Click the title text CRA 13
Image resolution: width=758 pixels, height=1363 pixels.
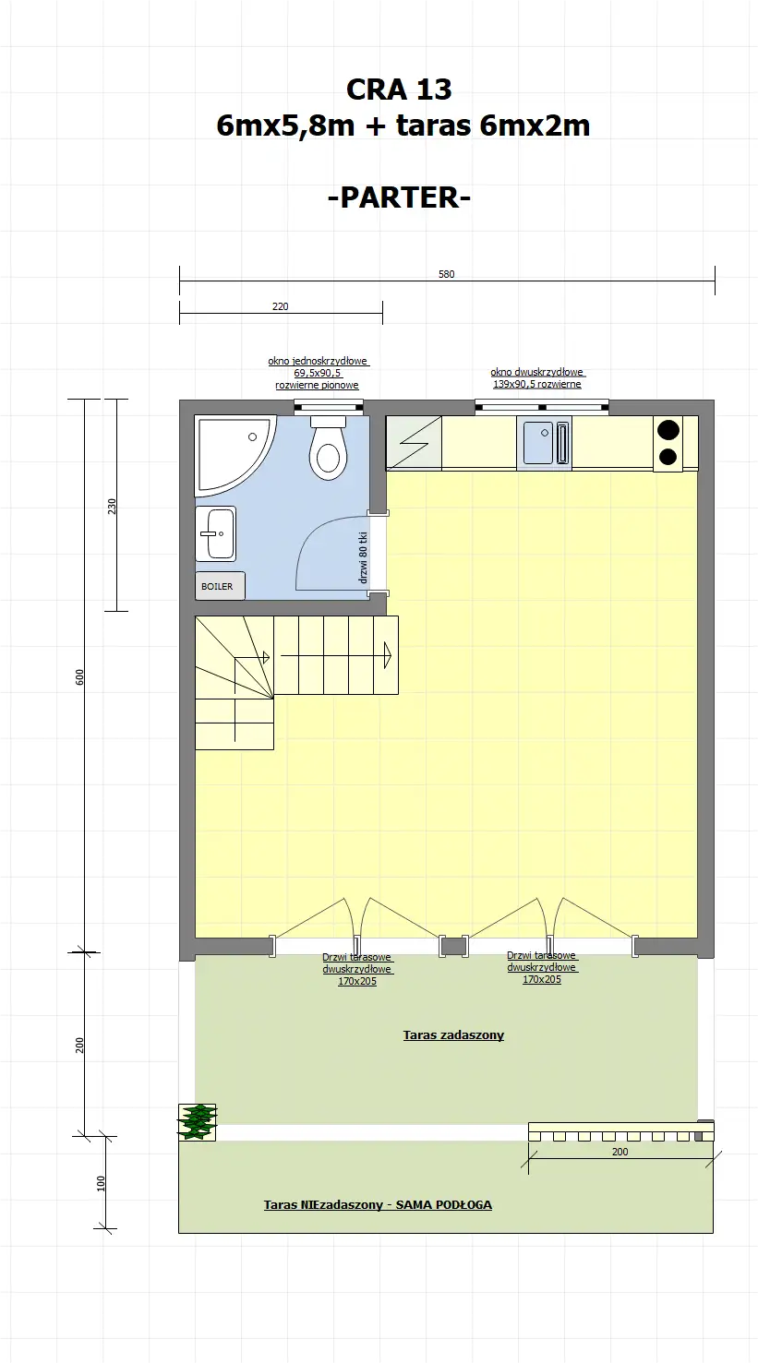click(399, 90)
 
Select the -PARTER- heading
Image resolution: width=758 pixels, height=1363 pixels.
click(399, 197)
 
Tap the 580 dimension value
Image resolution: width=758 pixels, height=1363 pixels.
click(447, 274)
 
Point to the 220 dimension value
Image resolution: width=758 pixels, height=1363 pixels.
click(281, 306)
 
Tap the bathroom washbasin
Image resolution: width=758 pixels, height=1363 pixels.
click(216, 533)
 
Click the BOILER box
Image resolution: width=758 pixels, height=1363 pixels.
click(219, 586)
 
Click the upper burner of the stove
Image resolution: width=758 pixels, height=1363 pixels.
click(668, 429)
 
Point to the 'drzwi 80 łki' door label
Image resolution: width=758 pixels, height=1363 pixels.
click(364, 558)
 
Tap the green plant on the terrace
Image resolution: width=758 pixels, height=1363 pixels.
click(198, 1121)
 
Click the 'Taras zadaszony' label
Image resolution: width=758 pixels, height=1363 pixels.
click(453, 1035)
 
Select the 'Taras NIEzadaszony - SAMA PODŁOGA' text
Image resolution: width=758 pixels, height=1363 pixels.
click(378, 1204)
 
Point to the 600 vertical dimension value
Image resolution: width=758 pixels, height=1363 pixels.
click(79, 676)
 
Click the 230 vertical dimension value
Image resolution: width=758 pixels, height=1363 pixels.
click(112, 506)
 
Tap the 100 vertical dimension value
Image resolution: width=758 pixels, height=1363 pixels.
click(101, 1183)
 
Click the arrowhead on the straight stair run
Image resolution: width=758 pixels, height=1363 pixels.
click(388, 655)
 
